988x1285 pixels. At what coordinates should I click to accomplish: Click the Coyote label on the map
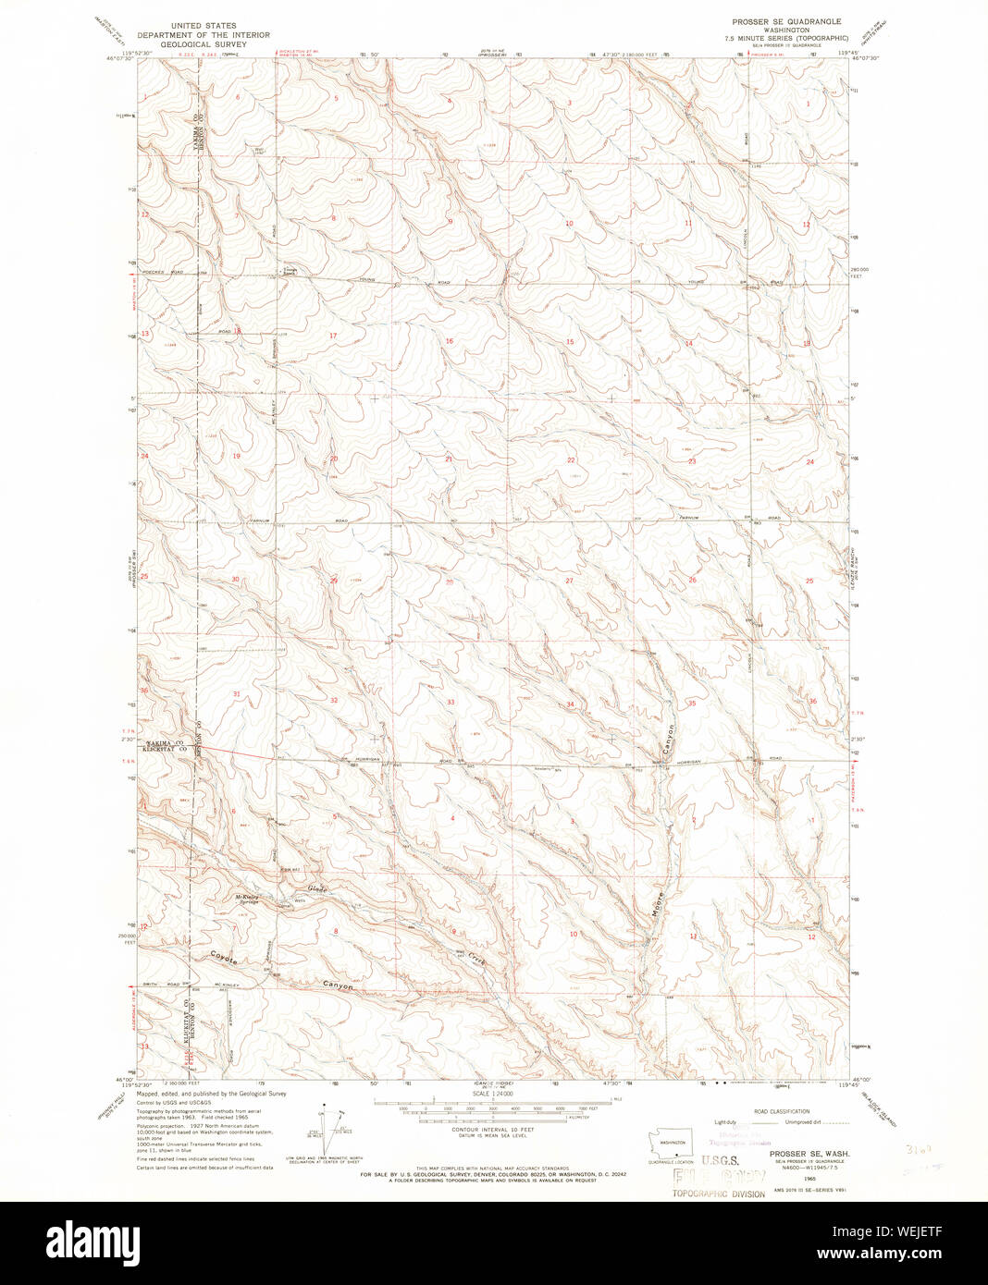[224, 959]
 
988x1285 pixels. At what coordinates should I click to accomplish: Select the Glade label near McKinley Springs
[317, 889]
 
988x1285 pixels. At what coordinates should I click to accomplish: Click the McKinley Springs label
[246, 899]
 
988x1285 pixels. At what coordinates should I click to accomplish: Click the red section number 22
[571, 459]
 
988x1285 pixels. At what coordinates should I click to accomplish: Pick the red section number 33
[451, 703]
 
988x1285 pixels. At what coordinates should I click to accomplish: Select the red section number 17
[333, 335]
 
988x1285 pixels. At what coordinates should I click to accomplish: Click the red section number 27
[569, 581]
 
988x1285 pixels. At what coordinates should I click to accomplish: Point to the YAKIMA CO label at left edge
[165, 743]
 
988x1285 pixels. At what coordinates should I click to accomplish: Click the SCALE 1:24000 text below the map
[493, 1094]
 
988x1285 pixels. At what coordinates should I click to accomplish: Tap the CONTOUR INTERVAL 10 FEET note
[493, 1130]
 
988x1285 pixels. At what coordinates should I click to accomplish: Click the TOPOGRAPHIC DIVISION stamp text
[719, 1194]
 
